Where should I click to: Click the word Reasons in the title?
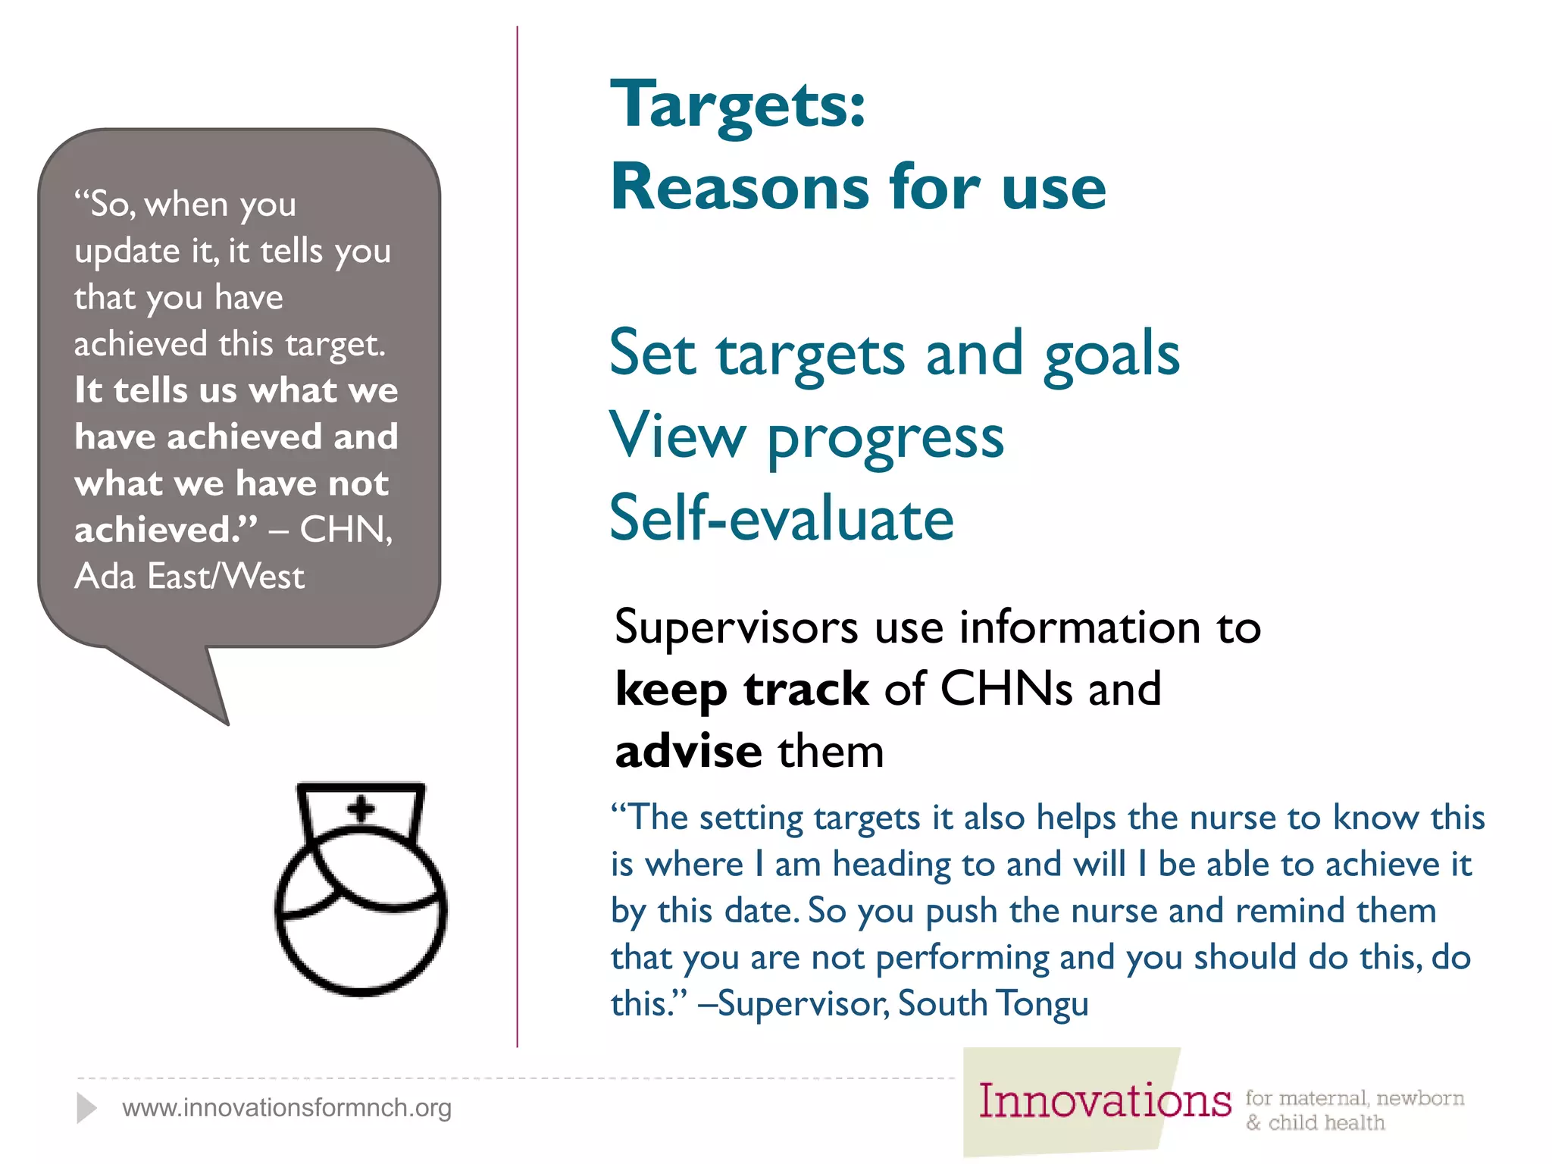(740, 187)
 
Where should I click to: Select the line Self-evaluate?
(781, 518)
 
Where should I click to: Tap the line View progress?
(806, 437)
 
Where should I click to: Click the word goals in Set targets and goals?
(1111, 355)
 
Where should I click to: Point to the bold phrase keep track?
(741, 690)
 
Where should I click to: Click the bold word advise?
(688, 752)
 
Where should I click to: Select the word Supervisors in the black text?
(736, 628)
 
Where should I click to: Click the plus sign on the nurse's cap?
(361, 809)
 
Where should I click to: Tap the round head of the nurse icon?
(361, 921)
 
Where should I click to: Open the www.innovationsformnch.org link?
(286, 1108)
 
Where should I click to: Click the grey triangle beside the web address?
(86, 1108)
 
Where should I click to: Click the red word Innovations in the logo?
(1104, 1101)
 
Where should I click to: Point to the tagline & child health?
(1315, 1123)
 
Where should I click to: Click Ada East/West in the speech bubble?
(189, 577)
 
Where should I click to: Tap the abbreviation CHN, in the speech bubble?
(346, 530)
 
